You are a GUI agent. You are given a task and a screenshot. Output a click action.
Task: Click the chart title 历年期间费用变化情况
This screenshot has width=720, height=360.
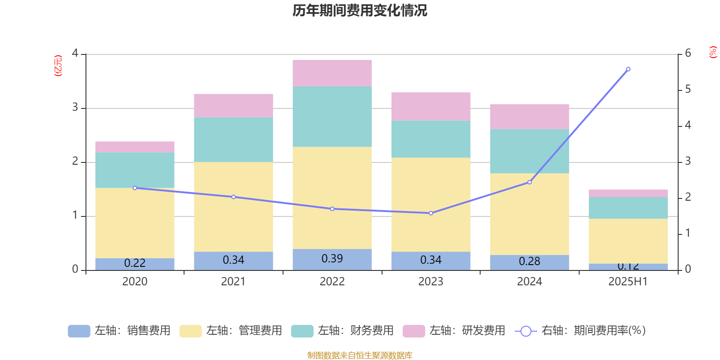point(360,10)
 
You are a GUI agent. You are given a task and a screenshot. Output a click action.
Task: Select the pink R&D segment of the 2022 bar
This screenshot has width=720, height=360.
point(332,73)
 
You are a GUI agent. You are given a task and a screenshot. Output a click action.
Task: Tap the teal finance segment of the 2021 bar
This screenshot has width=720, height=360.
point(234,139)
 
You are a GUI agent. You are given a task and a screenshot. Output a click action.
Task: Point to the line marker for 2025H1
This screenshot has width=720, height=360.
point(628,69)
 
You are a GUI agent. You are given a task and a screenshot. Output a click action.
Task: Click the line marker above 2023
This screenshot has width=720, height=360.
point(431,213)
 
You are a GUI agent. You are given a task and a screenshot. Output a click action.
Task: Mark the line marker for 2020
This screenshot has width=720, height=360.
point(135,188)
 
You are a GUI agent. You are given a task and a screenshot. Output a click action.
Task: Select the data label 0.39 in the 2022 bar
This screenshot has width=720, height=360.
point(332,259)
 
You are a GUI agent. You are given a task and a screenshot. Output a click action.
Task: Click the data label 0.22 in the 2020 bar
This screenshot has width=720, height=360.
point(135,263)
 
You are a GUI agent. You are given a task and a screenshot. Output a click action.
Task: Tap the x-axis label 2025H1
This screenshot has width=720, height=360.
point(628,282)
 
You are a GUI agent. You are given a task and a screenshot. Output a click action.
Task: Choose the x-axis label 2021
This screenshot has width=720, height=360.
point(233,282)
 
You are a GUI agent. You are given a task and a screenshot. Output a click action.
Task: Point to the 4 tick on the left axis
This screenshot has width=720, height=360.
point(75,53)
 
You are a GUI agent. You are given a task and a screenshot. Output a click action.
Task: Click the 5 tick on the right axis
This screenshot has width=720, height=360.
point(688,90)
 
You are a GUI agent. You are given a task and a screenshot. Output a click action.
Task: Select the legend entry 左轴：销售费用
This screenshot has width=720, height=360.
point(119,331)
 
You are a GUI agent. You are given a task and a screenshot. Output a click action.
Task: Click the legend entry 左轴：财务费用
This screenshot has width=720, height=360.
point(342,331)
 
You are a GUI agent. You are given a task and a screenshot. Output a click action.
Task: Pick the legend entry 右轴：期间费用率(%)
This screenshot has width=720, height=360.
point(580,331)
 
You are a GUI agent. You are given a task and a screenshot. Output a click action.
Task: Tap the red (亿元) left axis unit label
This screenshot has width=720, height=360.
point(58,66)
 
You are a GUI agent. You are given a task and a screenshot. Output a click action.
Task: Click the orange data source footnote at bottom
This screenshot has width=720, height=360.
point(360,355)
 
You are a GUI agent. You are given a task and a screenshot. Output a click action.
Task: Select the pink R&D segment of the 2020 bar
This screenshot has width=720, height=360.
point(135,147)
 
